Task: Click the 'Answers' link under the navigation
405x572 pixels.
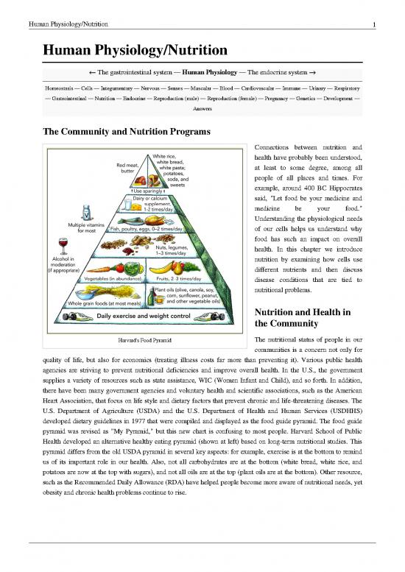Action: tap(202, 108)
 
